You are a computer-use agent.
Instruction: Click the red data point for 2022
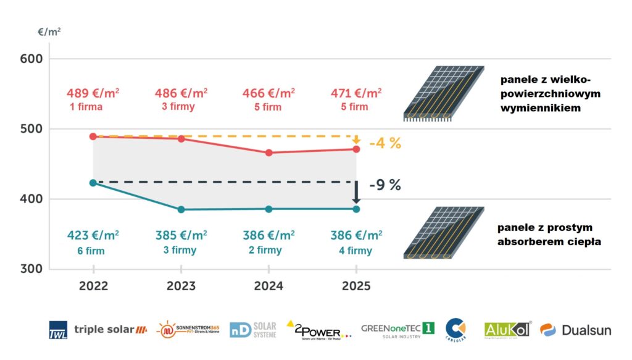tap(93, 136)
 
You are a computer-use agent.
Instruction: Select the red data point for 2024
tap(268, 153)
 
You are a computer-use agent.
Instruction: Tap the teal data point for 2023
tap(181, 210)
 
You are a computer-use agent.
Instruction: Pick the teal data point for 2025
tap(356, 209)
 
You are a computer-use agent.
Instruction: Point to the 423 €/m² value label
tap(93, 235)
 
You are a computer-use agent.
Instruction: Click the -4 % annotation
tap(385, 144)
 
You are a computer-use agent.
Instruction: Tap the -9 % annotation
tap(385, 185)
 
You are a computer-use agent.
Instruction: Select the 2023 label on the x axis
tap(181, 287)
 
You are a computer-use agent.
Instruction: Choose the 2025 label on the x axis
tap(356, 287)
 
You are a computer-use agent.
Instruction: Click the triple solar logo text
tap(105, 330)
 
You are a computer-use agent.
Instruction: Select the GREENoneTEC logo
tap(398, 329)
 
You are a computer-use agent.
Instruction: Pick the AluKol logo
tap(507, 330)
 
